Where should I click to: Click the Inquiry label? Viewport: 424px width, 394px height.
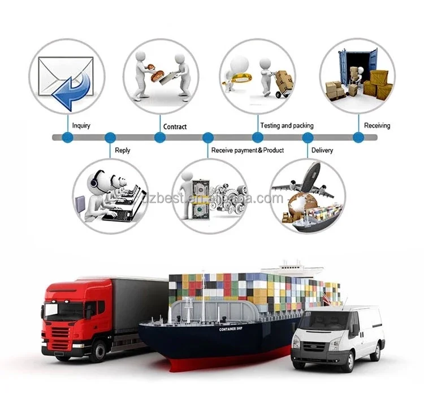point(81,125)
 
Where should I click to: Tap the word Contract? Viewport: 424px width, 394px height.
point(175,126)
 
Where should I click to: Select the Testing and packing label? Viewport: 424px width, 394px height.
point(287,125)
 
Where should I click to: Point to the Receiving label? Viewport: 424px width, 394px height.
point(377,125)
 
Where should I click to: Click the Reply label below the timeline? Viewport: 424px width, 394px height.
point(123,150)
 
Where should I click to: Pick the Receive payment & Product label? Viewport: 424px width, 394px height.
point(248,150)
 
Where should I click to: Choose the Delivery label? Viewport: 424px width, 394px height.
point(322,150)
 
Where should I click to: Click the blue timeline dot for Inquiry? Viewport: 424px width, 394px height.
point(68,137)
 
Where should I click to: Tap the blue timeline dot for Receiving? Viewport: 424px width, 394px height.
point(358,137)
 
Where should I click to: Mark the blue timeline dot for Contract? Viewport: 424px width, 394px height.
point(160,137)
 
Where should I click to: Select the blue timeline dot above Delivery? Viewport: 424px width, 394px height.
point(308,137)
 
